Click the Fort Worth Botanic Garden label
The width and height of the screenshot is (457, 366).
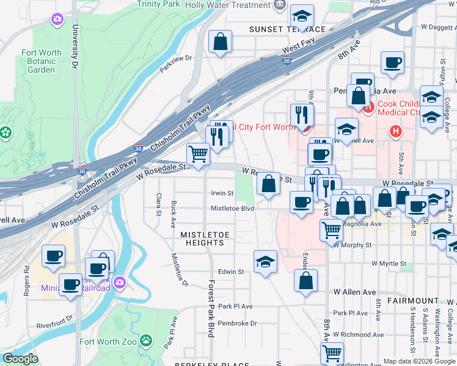coord(42,61)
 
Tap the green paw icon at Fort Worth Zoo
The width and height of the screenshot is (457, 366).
coord(146,340)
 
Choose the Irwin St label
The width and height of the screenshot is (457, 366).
coord(222,193)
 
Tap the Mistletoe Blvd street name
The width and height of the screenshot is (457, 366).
coord(232,209)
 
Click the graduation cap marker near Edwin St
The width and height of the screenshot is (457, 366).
coord(265,262)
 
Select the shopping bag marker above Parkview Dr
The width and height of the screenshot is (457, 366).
coord(221,42)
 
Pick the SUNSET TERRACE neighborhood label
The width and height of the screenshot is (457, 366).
coord(287,29)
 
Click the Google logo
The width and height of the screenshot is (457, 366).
coord(20,359)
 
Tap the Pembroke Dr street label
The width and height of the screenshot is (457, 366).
coord(238,323)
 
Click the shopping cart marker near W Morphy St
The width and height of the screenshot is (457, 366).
coord(331,231)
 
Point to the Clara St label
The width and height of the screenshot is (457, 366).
coord(158,204)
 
